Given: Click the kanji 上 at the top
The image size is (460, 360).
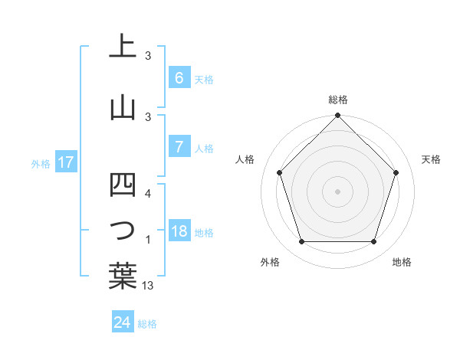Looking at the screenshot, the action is point(123,46).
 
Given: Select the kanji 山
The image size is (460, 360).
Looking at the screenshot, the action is point(123,106).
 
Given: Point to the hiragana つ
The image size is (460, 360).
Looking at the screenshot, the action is point(123,231).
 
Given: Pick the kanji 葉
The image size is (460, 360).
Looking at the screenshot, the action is point(123,276).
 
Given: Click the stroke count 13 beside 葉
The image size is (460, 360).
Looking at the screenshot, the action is point(149,286).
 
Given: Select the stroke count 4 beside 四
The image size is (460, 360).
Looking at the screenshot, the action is point(149,193).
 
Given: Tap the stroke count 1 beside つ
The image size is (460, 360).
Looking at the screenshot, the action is point(148,241).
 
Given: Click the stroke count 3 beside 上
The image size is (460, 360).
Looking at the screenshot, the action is point(148,55).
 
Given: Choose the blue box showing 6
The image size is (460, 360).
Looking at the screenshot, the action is point(179,77).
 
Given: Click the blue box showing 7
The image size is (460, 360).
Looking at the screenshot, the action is point(179,147).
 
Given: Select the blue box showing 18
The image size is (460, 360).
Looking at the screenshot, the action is point(179,231).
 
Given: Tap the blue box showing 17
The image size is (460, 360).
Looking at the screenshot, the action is point(65,162).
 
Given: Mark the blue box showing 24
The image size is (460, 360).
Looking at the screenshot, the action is point(122,322).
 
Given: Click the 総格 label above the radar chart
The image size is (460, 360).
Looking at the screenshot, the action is point(338,100).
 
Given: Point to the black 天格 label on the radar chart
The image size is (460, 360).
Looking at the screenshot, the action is point(431,159).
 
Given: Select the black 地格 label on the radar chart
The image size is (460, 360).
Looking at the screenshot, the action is point(402,263).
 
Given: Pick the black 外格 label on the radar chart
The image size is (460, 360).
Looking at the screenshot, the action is point(270,263).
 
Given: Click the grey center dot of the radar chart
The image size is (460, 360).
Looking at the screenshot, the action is point(337,191).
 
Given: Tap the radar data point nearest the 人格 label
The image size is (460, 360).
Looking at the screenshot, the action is point(280,172).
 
